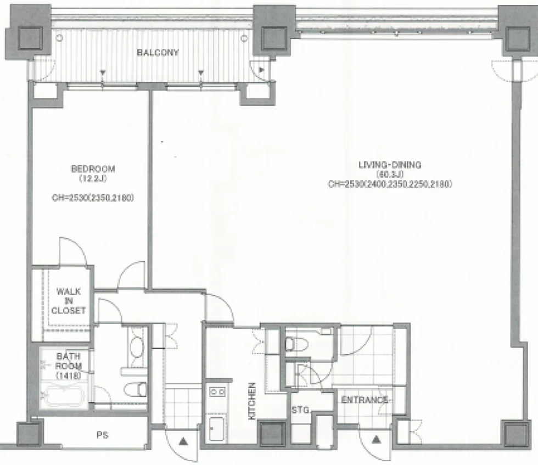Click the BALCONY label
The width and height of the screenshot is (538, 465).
pyautogui.click(x=158, y=53)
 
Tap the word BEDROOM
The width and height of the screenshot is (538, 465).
pyautogui.click(x=93, y=169)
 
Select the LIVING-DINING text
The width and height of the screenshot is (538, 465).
pyautogui.click(x=390, y=165)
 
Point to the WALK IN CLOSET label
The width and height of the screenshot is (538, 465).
pyautogui.click(x=68, y=301)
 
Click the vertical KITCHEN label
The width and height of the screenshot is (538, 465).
pyautogui.click(x=252, y=401)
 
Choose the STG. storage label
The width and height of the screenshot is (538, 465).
pyautogui.click(x=301, y=410)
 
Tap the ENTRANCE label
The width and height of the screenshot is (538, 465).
pyautogui.click(x=365, y=400)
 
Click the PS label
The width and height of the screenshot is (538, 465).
pyautogui.click(x=102, y=435)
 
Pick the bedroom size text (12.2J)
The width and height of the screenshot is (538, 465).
pyautogui.click(x=93, y=178)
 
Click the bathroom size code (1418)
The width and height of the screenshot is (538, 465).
pyautogui.click(x=68, y=376)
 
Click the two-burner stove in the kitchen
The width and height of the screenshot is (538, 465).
pyautogui.click(x=217, y=391)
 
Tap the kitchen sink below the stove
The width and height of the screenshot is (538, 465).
pyautogui.click(x=216, y=429)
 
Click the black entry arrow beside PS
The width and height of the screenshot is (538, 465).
pyautogui.click(x=183, y=441)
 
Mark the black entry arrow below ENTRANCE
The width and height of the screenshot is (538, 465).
pyautogui.click(x=377, y=439)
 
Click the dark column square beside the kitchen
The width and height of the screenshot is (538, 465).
pyautogui.click(x=272, y=434)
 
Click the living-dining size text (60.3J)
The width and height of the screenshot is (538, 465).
pyautogui.click(x=390, y=175)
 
